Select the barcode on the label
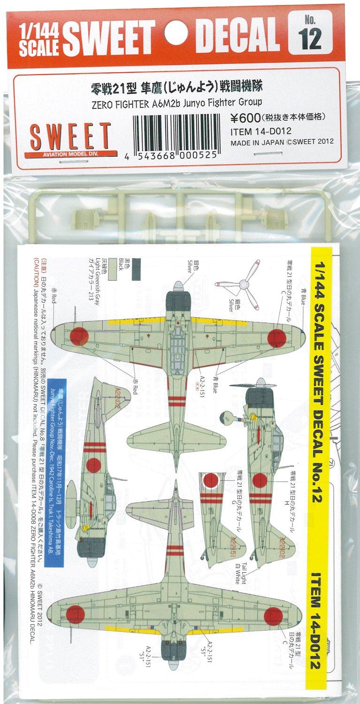tap(174, 137)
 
